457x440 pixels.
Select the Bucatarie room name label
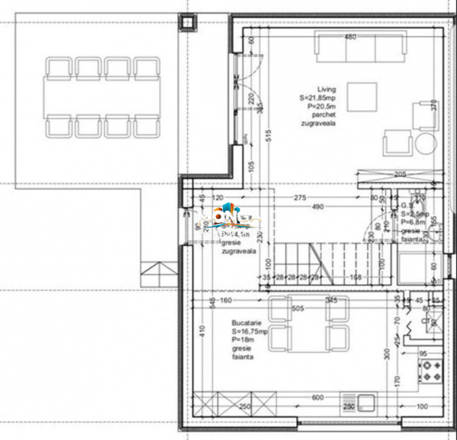click(x=245, y=323)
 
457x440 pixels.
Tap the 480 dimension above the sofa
click(x=350, y=37)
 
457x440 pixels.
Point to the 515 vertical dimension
click(x=268, y=136)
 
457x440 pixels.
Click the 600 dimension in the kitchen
click(x=318, y=398)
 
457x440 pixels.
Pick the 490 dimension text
click(x=317, y=207)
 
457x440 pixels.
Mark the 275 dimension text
click(x=300, y=197)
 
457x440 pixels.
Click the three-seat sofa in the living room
click(x=360, y=48)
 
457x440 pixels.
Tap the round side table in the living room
click(x=426, y=142)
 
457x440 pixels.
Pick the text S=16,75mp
click(x=250, y=332)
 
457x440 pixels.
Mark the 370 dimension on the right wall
click(x=434, y=106)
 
